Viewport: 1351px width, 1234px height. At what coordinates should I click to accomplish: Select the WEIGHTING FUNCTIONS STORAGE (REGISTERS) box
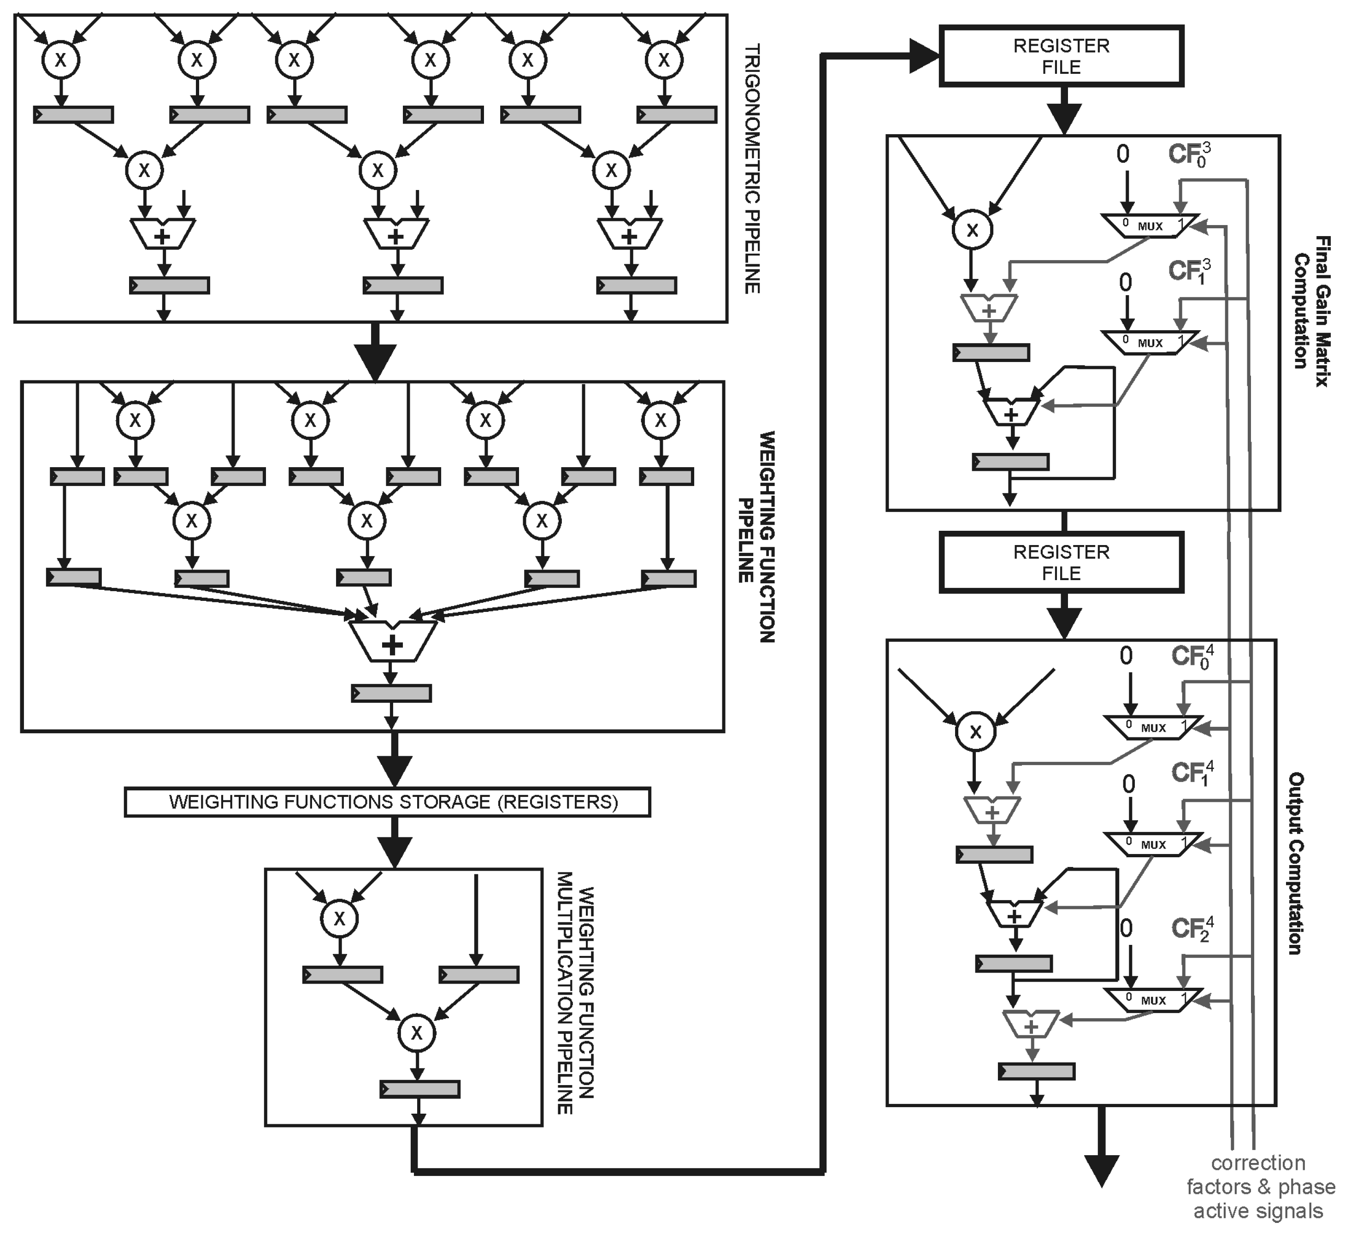coord(387,801)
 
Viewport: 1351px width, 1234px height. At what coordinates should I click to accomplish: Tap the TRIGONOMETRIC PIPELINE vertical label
coord(752,168)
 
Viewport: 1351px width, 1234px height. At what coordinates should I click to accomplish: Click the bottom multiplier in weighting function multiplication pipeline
coord(417,1032)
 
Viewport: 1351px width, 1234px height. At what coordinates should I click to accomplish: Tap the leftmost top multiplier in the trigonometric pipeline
coord(60,59)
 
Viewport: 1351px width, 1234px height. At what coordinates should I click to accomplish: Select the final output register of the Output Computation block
coord(1036,1072)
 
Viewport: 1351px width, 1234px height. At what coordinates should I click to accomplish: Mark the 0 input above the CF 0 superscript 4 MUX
coord(1126,656)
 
